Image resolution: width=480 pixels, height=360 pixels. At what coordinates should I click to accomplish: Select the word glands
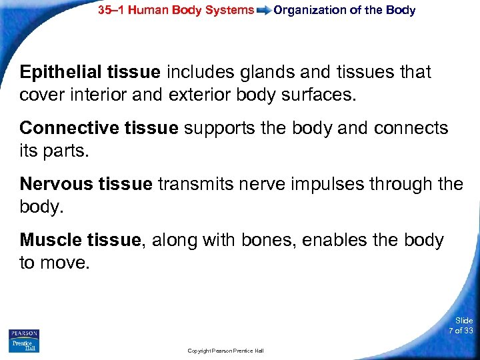click(265, 72)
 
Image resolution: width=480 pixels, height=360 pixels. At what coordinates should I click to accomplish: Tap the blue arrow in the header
click(264, 11)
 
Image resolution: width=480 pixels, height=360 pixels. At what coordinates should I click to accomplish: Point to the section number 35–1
click(113, 10)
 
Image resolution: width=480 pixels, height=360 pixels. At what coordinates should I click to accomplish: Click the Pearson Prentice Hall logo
click(24, 340)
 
